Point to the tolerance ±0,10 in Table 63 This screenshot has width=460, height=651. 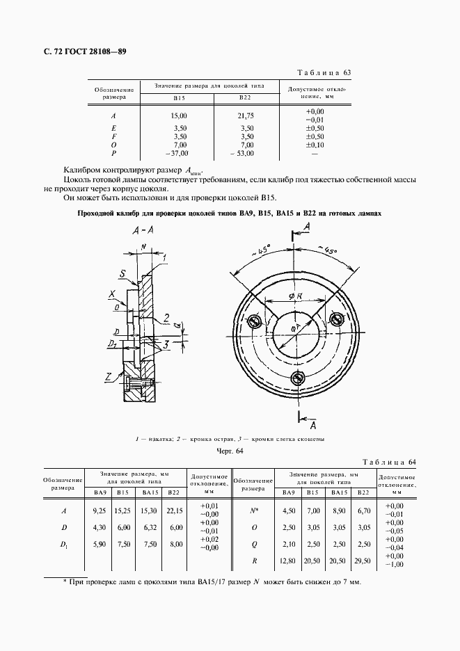[x=315, y=144]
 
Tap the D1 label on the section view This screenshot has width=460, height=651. [x=113, y=344]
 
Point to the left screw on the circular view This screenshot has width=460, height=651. [x=254, y=320]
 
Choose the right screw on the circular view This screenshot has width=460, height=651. [x=338, y=319]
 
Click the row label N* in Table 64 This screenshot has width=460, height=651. [x=255, y=511]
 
